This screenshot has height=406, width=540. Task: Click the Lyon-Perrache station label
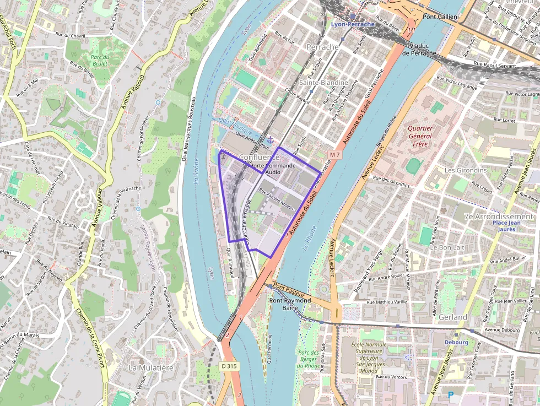[x=353, y=24]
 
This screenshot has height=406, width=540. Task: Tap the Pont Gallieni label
[x=440, y=17]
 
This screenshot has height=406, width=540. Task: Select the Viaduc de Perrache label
[x=418, y=49]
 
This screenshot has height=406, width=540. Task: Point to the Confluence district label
[x=259, y=157]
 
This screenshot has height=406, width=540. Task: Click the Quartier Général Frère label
[x=420, y=136]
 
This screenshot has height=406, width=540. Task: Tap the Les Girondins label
[x=466, y=170]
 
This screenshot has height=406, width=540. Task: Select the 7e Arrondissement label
[x=499, y=216]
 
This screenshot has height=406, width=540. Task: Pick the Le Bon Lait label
[x=447, y=247]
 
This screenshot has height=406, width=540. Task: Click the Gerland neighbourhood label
[x=452, y=317]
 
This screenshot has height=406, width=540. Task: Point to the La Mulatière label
[x=150, y=367]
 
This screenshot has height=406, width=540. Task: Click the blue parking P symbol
[x=451, y=394]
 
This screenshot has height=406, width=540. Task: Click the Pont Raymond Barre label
[x=289, y=304]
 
